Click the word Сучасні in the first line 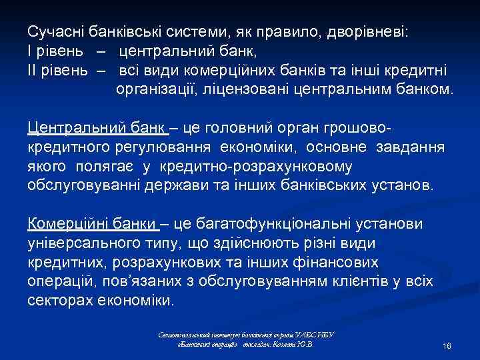coord(55,32)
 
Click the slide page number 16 coord(447,348)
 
